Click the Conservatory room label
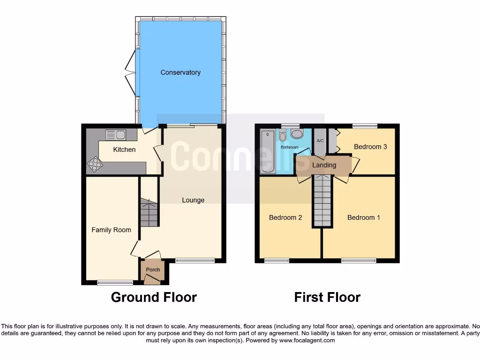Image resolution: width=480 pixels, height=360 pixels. (x=180, y=73)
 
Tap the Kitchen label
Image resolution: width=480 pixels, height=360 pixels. (x=124, y=150)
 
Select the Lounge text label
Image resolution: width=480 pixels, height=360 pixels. (x=193, y=200)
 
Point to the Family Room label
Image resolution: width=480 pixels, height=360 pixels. (x=111, y=230)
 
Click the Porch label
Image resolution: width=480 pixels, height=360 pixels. (x=153, y=270)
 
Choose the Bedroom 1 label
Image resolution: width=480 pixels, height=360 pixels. (x=364, y=217)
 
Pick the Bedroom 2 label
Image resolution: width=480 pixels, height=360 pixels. (x=285, y=217)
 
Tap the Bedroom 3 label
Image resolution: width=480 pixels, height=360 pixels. (x=370, y=147)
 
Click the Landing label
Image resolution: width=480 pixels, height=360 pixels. (x=324, y=165)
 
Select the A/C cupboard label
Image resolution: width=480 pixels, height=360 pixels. (x=321, y=141)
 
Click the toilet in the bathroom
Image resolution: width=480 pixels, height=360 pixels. (x=282, y=136)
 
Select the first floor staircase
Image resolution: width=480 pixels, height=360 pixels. (x=322, y=200)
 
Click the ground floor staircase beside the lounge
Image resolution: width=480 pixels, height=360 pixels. (x=150, y=213)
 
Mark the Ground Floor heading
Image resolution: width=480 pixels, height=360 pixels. (x=154, y=297)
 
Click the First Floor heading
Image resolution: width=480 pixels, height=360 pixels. (x=327, y=297)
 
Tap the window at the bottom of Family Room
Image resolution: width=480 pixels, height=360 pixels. (x=115, y=282)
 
